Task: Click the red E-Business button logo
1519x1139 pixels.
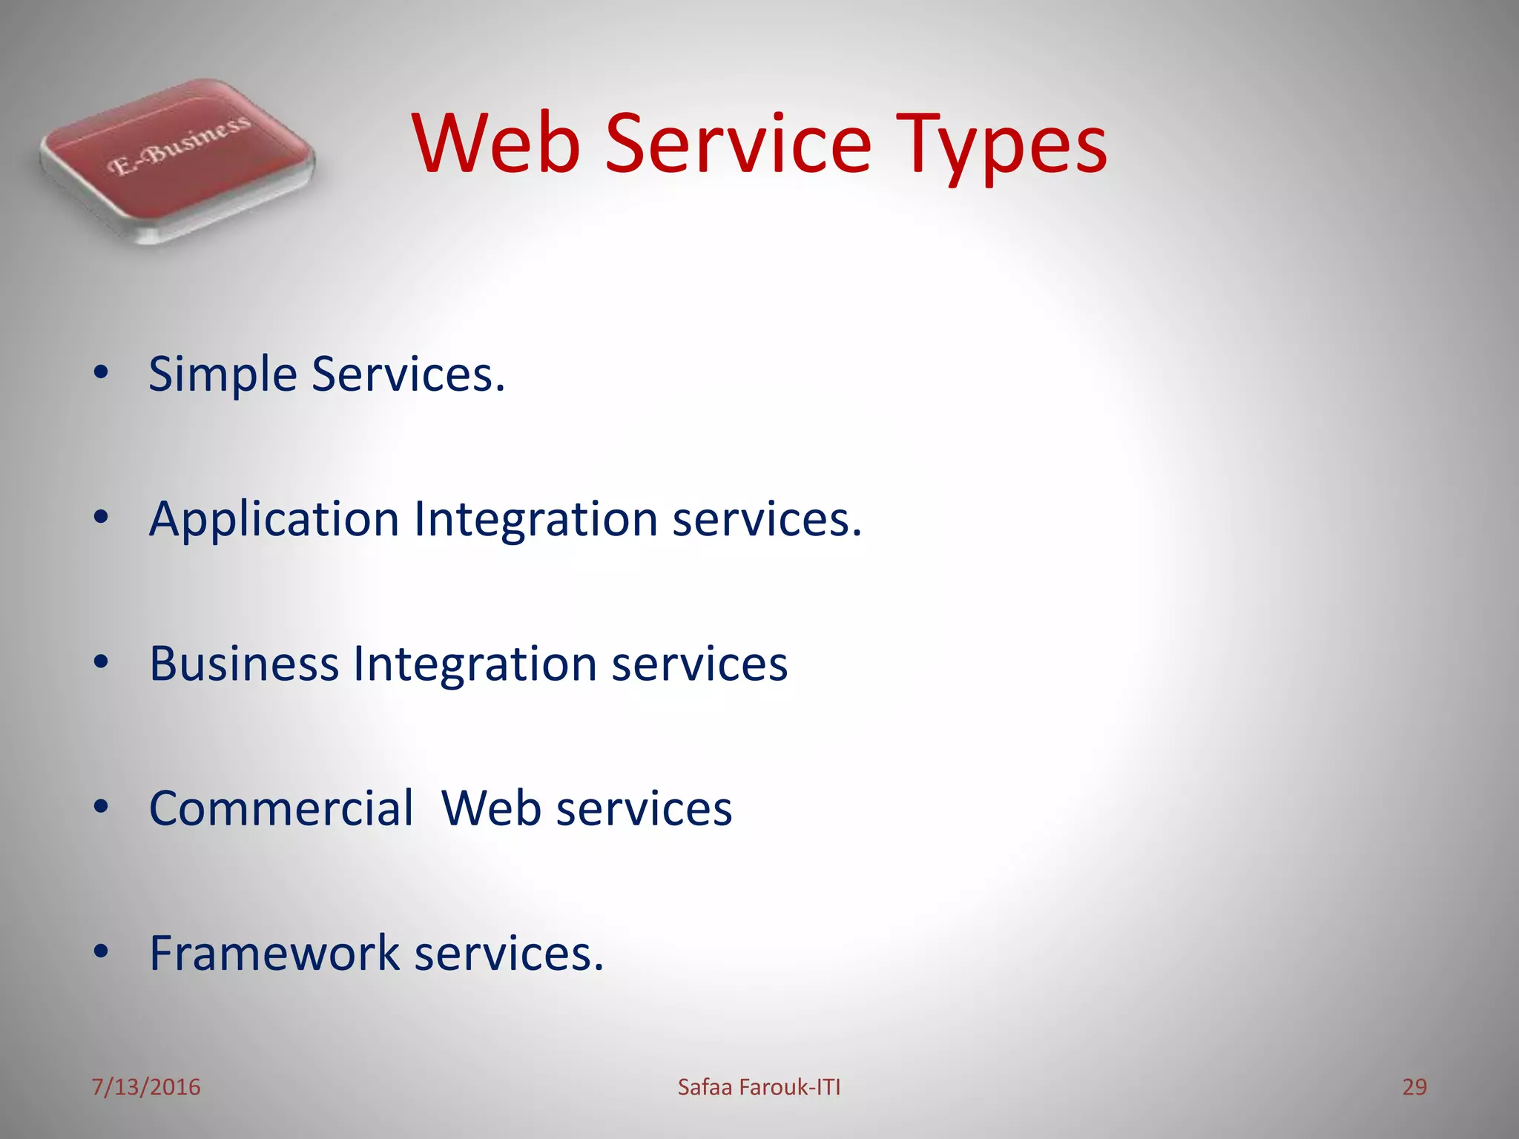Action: point(178,159)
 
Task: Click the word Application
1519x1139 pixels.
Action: point(274,519)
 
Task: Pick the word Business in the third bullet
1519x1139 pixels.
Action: point(244,664)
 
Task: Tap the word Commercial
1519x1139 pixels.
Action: point(281,808)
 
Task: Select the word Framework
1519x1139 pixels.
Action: point(274,953)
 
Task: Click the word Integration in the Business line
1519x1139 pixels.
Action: point(475,664)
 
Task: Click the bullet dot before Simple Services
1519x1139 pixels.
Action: point(102,373)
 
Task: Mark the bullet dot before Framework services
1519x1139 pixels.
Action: point(102,951)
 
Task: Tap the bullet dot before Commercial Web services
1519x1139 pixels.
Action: point(102,807)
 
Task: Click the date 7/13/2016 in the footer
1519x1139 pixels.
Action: point(146,1087)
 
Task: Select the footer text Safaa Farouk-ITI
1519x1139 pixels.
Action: point(759,1087)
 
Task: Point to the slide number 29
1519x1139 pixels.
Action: point(1414,1087)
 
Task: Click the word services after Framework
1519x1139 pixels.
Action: point(509,953)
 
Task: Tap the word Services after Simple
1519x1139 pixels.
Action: point(408,374)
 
